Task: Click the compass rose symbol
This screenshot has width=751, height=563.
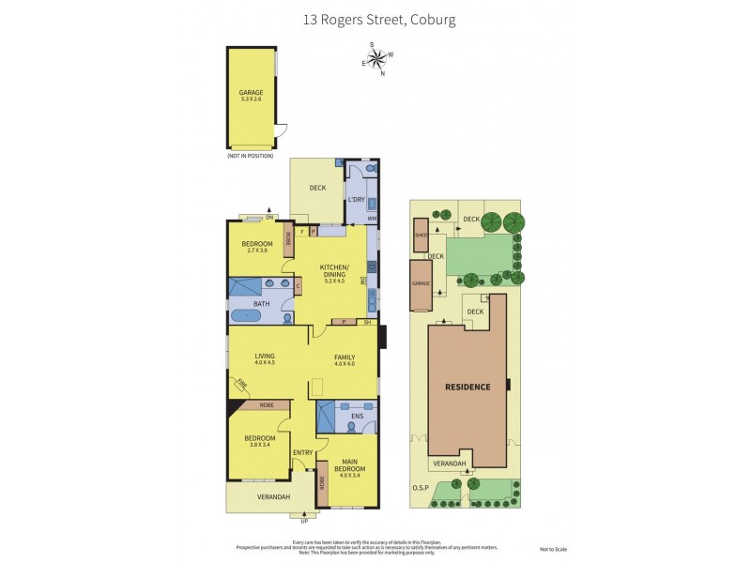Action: tap(376, 59)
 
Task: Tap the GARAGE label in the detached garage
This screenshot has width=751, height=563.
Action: tap(251, 93)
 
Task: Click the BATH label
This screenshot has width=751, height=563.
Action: tap(262, 303)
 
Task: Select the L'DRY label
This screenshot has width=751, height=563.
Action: tap(356, 199)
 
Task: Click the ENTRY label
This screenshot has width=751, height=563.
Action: tap(302, 453)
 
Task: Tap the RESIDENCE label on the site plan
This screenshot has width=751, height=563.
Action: tap(467, 387)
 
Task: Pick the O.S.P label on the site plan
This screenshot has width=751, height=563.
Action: tap(419, 488)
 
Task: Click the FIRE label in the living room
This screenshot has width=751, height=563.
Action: tap(240, 384)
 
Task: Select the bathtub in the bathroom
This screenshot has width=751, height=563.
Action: tap(248, 316)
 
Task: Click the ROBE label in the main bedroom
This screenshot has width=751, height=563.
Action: tap(323, 483)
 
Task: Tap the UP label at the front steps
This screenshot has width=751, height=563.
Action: tap(303, 521)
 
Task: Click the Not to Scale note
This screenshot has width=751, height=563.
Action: tap(553, 549)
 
